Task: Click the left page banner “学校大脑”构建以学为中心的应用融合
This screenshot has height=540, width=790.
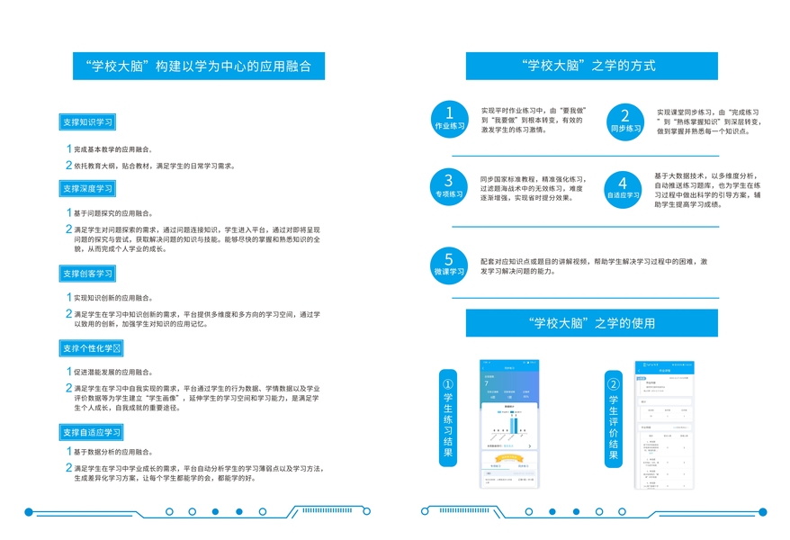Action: (x=198, y=67)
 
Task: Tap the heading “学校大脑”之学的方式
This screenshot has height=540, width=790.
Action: (x=591, y=66)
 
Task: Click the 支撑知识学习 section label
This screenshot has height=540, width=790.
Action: (x=87, y=121)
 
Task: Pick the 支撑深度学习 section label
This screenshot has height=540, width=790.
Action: (x=87, y=188)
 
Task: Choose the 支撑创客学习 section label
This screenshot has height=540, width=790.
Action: (x=87, y=273)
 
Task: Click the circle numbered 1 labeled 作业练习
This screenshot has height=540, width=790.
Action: (x=450, y=118)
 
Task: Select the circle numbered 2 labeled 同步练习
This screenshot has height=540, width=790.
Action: (x=625, y=120)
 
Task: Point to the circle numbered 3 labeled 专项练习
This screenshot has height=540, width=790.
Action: (x=449, y=185)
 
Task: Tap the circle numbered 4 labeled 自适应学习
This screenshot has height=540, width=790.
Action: (x=624, y=186)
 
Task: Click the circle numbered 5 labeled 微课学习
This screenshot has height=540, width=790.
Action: (x=449, y=262)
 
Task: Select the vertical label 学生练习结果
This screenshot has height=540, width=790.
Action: (x=448, y=418)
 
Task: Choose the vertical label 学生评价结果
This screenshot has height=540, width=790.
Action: (x=614, y=418)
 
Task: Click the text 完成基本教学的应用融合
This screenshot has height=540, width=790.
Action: (x=112, y=149)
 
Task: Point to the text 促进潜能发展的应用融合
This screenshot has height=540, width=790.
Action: (x=112, y=372)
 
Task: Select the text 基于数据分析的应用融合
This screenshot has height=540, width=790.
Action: (x=112, y=452)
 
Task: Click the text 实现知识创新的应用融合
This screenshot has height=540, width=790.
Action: (x=112, y=298)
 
